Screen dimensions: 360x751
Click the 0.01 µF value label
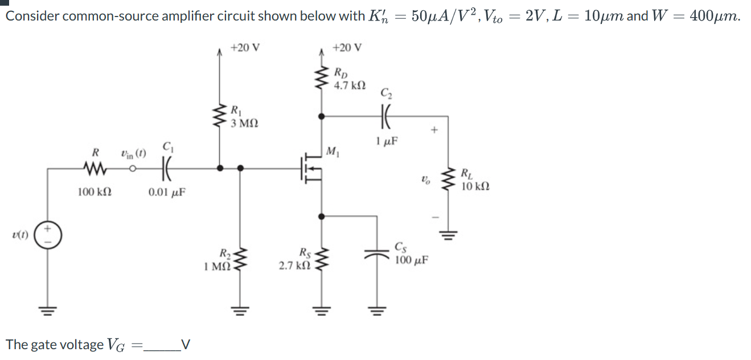(167, 193)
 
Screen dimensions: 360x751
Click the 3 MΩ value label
(244, 122)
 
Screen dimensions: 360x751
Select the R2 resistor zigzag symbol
(240, 259)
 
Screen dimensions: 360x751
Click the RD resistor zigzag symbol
(322, 78)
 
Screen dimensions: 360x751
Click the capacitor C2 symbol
(385, 116)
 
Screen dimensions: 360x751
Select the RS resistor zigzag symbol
(322, 259)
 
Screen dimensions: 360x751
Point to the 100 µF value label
(412, 260)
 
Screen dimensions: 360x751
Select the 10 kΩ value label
(474, 186)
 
